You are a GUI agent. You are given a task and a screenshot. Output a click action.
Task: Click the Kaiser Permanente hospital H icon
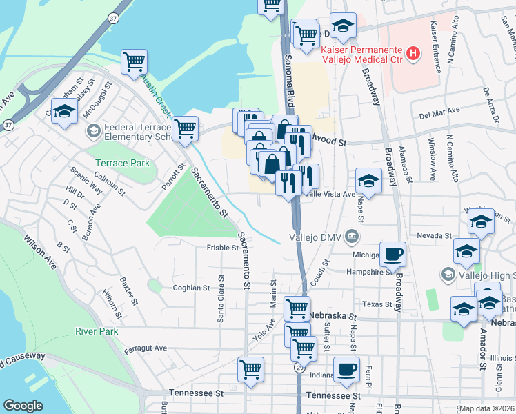[413, 52]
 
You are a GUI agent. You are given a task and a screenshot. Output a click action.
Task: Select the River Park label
[97, 331]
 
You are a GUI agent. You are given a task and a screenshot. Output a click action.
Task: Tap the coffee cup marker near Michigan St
[393, 254]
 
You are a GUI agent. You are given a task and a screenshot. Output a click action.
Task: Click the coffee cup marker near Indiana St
[346, 369]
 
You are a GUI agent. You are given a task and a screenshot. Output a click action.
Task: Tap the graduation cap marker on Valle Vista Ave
[369, 181]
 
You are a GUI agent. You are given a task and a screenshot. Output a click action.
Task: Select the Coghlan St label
[191, 288]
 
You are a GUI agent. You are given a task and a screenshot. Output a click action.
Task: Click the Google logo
[23, 406]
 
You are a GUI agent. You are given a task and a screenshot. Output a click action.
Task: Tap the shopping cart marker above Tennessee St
[250, 368]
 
